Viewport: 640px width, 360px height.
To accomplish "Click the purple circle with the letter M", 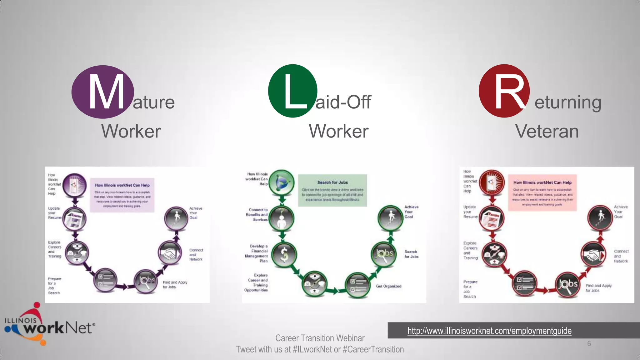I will (103, 92).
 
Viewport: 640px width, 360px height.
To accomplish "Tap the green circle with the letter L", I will (293, 91).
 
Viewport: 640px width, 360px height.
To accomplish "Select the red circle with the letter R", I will (504, 91).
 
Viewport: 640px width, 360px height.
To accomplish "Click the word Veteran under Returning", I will (547, 131).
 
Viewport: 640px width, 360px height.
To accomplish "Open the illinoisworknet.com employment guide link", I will (489, 331).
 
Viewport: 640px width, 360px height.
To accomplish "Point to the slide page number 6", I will (589, 344).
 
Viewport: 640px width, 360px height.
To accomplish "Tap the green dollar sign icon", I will (284, 254).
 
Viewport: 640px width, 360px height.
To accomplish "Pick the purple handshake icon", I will (170, 252).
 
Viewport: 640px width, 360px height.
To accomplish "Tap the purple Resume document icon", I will (74, 219).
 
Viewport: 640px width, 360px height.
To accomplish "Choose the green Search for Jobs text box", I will (332, 190).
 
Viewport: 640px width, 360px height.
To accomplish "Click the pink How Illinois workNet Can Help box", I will (542, 192).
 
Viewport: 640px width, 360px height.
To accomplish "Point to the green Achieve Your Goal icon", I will (390, 218).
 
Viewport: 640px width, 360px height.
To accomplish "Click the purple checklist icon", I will (106, 280).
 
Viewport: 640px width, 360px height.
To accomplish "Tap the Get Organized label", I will (388, 286).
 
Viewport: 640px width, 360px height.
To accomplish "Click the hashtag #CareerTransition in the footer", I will (373, 349).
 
